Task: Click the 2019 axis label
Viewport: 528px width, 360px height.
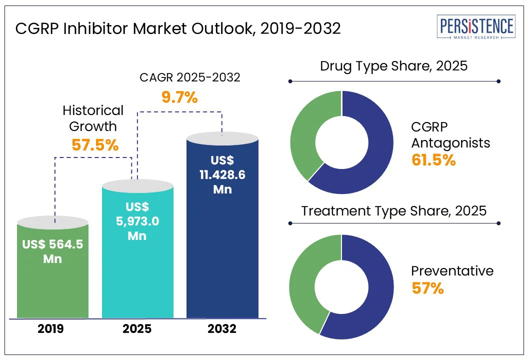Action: [x=52, y=329]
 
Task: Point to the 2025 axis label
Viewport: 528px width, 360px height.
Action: [x=137, y=329]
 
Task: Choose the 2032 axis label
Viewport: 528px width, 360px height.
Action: [x=222, y=329]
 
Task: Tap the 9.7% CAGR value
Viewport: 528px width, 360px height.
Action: [x=179, y=97]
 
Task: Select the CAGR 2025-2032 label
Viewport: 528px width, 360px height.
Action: [x=189, y=77]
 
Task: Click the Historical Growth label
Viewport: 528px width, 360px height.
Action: [x=93, y=118]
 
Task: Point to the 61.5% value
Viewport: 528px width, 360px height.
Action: [x=433, y=160]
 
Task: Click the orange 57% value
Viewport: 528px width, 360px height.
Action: [x=427, y=288]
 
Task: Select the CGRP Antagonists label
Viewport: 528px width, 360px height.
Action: [x=450, y=135]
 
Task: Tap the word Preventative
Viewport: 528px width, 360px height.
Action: [x=452, y=271]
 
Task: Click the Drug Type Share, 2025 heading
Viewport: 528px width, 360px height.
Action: [x=393, y=66]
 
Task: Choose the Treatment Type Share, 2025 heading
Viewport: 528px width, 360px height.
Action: [x=393, y=210]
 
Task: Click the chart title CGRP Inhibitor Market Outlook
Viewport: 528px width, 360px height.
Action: [x=178, y=28]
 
